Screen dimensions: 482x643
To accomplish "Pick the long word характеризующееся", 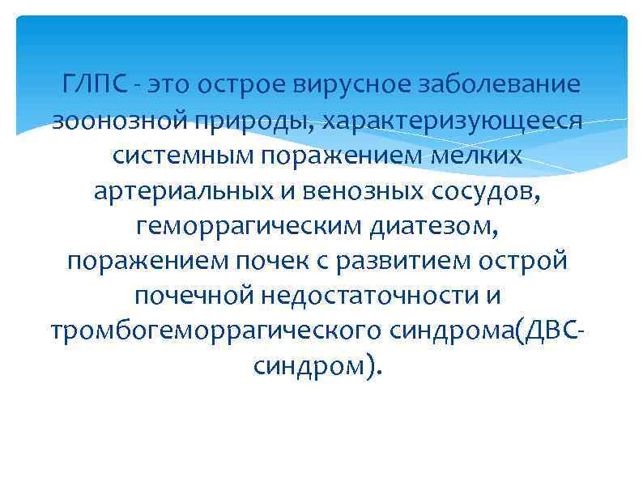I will point(453,122).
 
